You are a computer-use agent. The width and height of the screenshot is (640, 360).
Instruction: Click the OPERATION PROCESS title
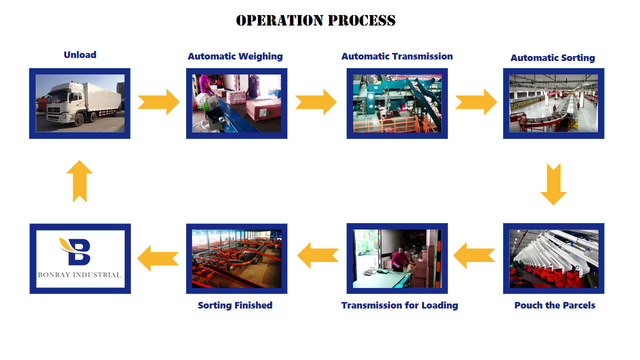315,20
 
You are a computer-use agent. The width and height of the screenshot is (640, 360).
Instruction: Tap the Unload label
80,54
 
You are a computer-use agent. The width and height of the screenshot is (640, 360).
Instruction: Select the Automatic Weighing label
235,56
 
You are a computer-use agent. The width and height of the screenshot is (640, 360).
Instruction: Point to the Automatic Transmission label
397,56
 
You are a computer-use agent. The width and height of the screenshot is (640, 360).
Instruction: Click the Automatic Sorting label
553,57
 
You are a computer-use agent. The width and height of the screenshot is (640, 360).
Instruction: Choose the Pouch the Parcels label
555,305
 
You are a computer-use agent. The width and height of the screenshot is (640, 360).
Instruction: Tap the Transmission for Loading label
399,305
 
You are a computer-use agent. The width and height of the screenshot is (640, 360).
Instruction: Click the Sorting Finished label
235,305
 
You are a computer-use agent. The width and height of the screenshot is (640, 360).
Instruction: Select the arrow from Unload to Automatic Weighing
159,102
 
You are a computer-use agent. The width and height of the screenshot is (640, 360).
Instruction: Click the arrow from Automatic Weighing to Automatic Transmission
316,102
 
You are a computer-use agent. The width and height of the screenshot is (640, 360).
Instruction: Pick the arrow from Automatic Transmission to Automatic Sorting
476,102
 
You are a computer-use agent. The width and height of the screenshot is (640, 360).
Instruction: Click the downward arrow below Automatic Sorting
553,184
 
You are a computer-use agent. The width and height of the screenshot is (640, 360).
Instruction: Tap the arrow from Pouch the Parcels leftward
474,255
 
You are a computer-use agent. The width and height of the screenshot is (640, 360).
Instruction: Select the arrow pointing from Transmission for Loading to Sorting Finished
318,255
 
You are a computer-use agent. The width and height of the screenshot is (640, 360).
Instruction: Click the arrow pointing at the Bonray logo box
158,258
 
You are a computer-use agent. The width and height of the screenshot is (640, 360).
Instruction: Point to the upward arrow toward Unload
79,181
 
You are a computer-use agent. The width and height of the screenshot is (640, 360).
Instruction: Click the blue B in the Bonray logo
79,251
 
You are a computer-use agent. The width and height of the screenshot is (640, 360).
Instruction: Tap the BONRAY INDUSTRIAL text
79,275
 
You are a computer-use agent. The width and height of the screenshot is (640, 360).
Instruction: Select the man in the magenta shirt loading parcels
400,259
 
